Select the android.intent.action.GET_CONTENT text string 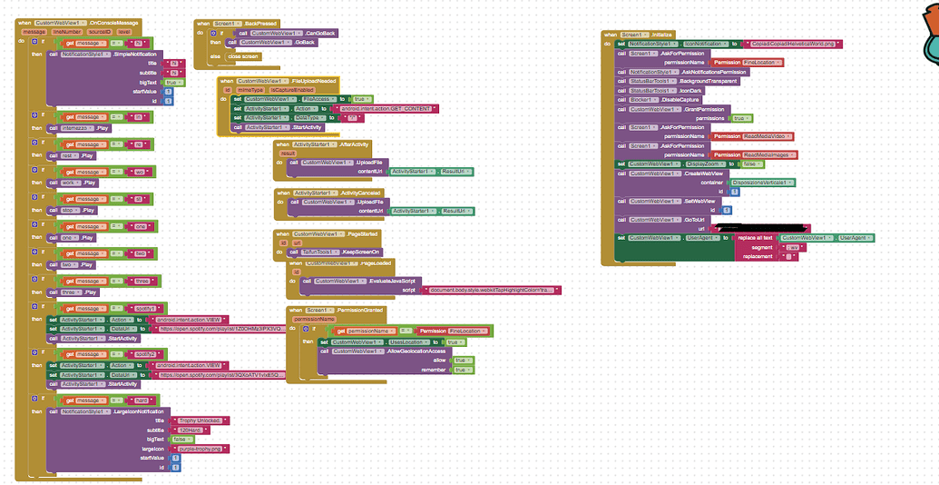(x=393, y=108)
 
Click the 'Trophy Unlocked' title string (x=200, y=421)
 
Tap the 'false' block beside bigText (x=181, y=439)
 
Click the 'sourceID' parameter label (x=96, y=32)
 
